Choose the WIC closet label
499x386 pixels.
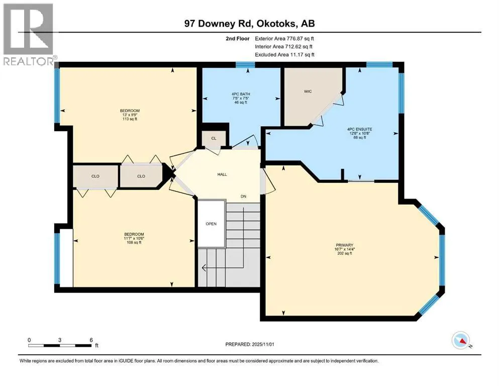308,92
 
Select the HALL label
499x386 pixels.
222,174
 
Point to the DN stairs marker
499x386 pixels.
243,197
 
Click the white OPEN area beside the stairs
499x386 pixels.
211,224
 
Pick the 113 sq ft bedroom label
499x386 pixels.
129,115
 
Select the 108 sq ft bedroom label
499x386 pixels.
134,238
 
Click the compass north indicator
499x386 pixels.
460,341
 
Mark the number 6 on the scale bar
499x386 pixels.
90,340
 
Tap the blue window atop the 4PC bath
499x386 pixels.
246,64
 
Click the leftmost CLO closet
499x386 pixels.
95,176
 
